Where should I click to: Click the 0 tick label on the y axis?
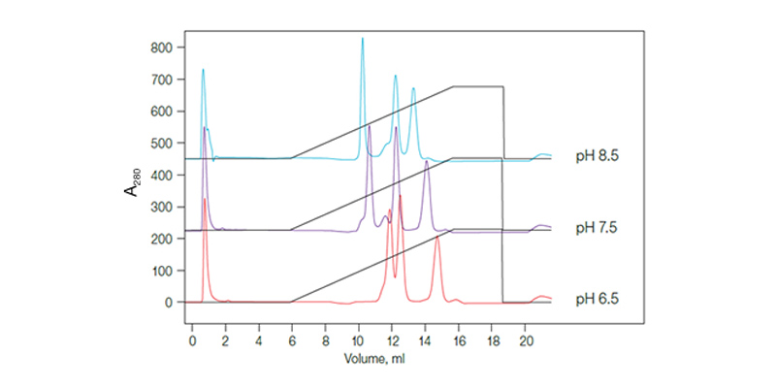click(169, 303)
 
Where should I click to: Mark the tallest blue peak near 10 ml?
click(362, 39)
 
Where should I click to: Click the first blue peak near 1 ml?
click(203, 70)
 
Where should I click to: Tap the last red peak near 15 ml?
click(437, 238)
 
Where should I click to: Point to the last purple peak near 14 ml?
click(427, 162)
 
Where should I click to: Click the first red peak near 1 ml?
click(205, 199)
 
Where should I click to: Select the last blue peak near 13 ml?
click(413, 88)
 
